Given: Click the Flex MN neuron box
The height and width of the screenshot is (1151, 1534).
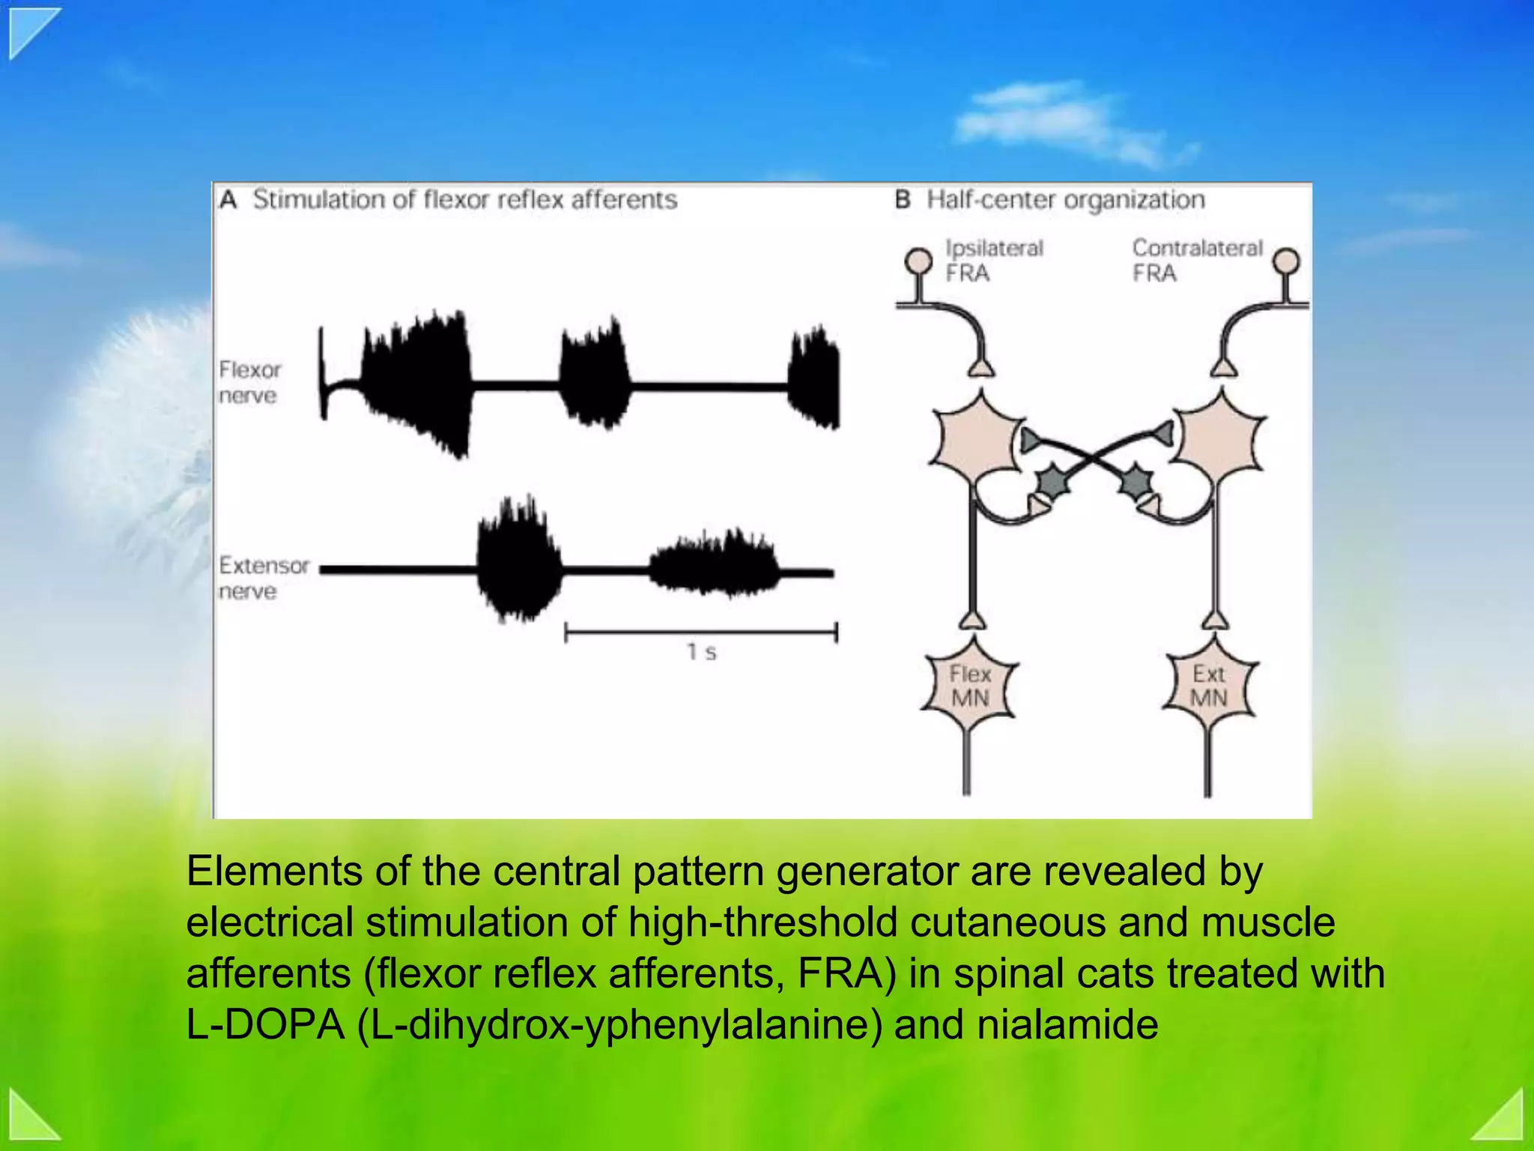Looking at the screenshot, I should pyautogui.click(x=969, y=686).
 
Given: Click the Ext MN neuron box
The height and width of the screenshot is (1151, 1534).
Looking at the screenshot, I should pyautogui.click(x=1209, y=686).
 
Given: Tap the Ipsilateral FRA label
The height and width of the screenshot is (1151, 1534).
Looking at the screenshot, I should pyautogui.click(x=993, y=260).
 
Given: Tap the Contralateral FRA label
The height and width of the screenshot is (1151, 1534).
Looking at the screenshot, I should pyautogui.click(x=1196, y=260).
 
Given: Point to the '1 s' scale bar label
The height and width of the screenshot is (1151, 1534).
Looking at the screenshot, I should pyautogui.click(x=702, y=652).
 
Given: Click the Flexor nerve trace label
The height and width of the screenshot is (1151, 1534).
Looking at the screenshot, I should pyautogui.click(x=249, y=382).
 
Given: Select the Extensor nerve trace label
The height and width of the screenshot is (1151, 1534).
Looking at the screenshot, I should pyautogui.click(x=263, y=578).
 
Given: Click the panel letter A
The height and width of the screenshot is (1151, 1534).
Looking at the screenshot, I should pyautogui.click(x=228, y=200).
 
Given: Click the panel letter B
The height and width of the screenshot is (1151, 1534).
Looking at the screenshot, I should pyautogui.click(x=903, y=200).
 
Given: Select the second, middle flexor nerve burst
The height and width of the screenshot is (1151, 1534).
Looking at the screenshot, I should pyautogui.click(x=595, y=375).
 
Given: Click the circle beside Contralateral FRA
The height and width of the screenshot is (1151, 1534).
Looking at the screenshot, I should pyautogui.click(x=1287, y=261).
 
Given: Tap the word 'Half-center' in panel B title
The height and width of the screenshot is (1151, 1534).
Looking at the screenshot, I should pyautogui.click(x=990, y=200).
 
